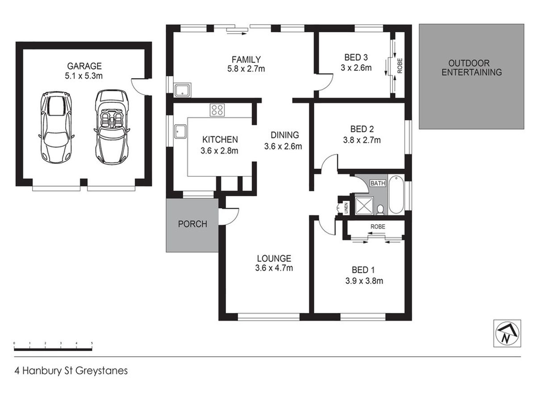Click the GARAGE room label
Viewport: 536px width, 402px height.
84,66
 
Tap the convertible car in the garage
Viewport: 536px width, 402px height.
112,127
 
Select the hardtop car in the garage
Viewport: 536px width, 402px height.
56,127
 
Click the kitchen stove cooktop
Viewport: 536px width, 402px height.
217,110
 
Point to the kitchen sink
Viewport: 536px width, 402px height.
180,131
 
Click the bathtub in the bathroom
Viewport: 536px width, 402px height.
396,195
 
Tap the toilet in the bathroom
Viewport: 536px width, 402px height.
380,210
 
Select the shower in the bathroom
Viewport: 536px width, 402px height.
364,206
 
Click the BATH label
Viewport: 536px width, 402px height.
378,183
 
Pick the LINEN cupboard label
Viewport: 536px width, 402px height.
346,208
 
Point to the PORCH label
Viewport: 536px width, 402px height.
193,224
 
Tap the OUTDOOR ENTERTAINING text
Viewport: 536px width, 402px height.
472,67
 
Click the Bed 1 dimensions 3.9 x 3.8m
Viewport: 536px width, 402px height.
364,281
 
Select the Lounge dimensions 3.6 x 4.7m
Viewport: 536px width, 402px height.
274,268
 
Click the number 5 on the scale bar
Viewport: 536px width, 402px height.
92,343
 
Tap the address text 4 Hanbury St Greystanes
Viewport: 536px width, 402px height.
71,371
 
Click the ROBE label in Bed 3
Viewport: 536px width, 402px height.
400,66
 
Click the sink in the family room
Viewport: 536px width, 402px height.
182,90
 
